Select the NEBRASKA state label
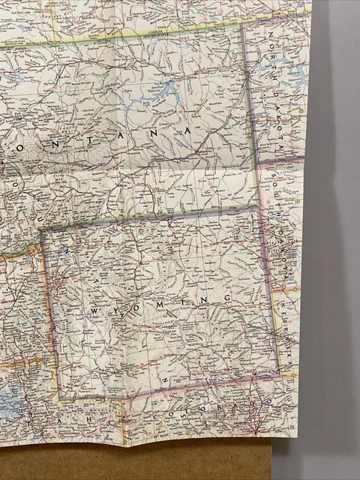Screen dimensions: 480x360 (286, 330)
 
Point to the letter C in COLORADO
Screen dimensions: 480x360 (155, 417)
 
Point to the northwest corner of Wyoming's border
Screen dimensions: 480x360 (41, 229)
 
